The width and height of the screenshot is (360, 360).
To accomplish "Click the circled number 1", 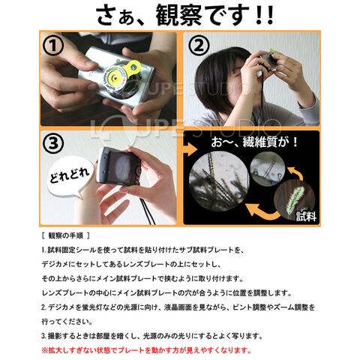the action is pos(53,46).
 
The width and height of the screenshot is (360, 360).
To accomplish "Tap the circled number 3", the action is pos(53,143).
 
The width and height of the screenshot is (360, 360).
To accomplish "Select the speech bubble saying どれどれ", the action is pos(70,176).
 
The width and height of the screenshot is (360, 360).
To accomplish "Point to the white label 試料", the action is pos(306,216).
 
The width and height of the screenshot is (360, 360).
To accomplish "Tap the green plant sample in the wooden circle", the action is pos(295,200).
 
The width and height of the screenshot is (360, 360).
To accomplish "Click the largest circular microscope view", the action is pos(219,181).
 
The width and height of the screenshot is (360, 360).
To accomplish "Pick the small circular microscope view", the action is pos(268,169).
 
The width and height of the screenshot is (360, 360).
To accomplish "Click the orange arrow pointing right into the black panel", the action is pos(190,150).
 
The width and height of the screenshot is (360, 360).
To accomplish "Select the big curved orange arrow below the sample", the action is pos(262,212).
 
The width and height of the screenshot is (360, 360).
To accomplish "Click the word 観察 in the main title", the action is pos(179,16).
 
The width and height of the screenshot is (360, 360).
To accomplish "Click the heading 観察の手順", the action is pos(66,235).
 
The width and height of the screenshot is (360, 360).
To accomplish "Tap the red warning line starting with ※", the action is pos(146,350).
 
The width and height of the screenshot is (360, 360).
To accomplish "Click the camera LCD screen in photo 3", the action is pos(122,167).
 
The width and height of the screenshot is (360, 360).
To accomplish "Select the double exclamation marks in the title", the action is pos(265,16).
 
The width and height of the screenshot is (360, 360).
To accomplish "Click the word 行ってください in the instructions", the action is pos(67,322).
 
